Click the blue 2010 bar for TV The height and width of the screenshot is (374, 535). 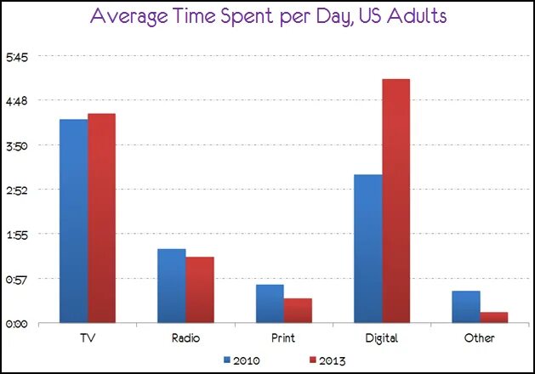74,221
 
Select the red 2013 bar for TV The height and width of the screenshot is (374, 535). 101,218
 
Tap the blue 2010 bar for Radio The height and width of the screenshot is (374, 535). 171,286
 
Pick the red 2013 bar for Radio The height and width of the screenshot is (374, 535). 199,290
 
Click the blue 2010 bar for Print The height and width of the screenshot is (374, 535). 270,303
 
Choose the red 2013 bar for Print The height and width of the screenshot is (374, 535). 298,310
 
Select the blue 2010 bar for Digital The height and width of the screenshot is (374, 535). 367,248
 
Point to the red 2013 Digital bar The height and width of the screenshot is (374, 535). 396,201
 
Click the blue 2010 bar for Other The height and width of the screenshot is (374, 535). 465,307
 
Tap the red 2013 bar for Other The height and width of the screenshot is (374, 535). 493,317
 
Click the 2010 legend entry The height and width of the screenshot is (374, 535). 242,360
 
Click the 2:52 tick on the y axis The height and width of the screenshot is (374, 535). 18,190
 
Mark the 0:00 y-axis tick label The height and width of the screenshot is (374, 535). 18,323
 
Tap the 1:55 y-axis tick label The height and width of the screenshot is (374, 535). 18,234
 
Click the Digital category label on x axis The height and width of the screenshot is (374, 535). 382,338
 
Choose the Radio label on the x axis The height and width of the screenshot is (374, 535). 185,338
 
